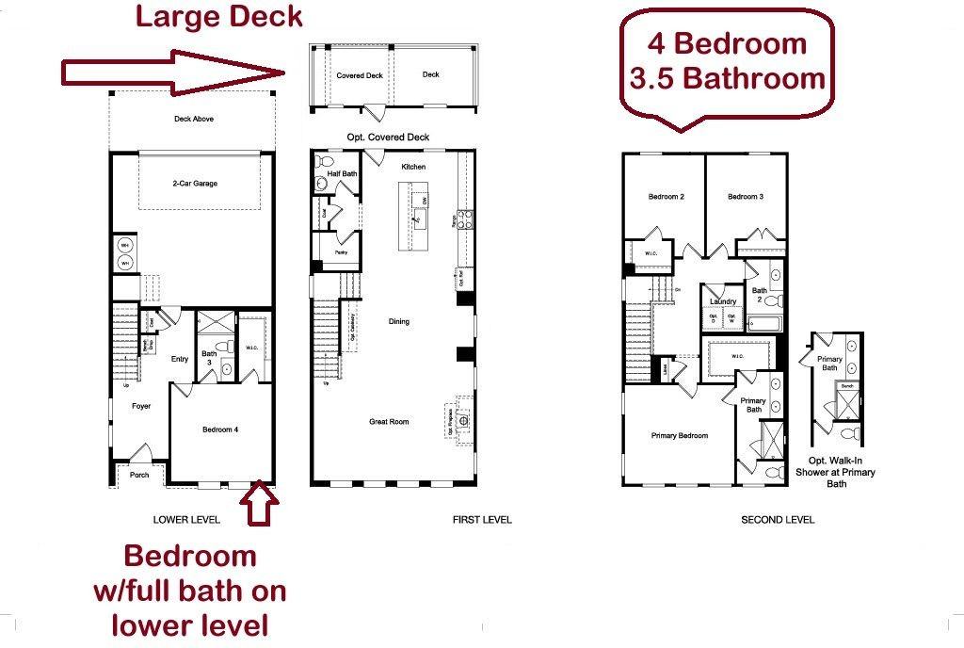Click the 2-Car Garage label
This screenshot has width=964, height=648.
[195, 184]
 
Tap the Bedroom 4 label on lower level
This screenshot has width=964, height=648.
[220, 429]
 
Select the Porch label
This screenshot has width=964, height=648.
[138, 475]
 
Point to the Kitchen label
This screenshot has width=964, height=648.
[413, 167]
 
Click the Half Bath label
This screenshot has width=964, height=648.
[342, 173]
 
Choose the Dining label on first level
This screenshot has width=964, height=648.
[399, 321]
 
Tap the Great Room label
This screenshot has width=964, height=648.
[389, 422]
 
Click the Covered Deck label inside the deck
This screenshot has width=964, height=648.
[360, 74]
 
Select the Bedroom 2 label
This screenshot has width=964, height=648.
[666, 197]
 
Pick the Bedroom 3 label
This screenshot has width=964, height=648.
[745, 197]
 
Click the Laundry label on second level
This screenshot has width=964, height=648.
[723, 301]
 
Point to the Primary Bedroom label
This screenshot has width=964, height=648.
[679, 436]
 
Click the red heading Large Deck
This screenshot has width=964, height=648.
[218, 16]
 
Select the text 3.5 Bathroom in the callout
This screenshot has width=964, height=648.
[726, 78]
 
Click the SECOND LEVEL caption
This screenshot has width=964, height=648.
[778, 520]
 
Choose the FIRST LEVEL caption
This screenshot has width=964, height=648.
[482, 520]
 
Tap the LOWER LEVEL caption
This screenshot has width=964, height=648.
[186, 520]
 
